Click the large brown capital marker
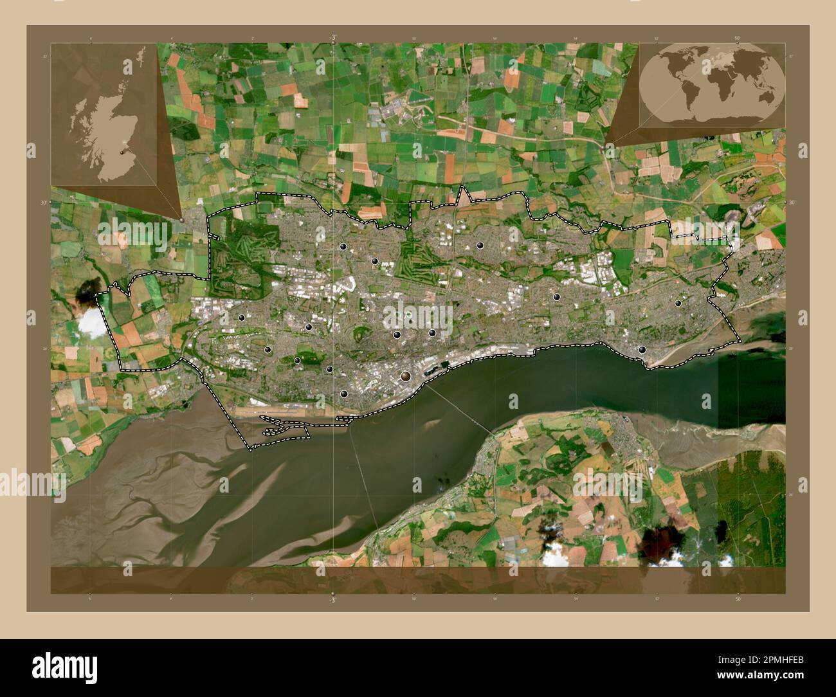tap(406, 376)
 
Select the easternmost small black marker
tap(678, 303)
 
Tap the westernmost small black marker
tap(242, 317)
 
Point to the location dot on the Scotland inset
tap(123, 152)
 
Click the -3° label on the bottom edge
tap(332, 599)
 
